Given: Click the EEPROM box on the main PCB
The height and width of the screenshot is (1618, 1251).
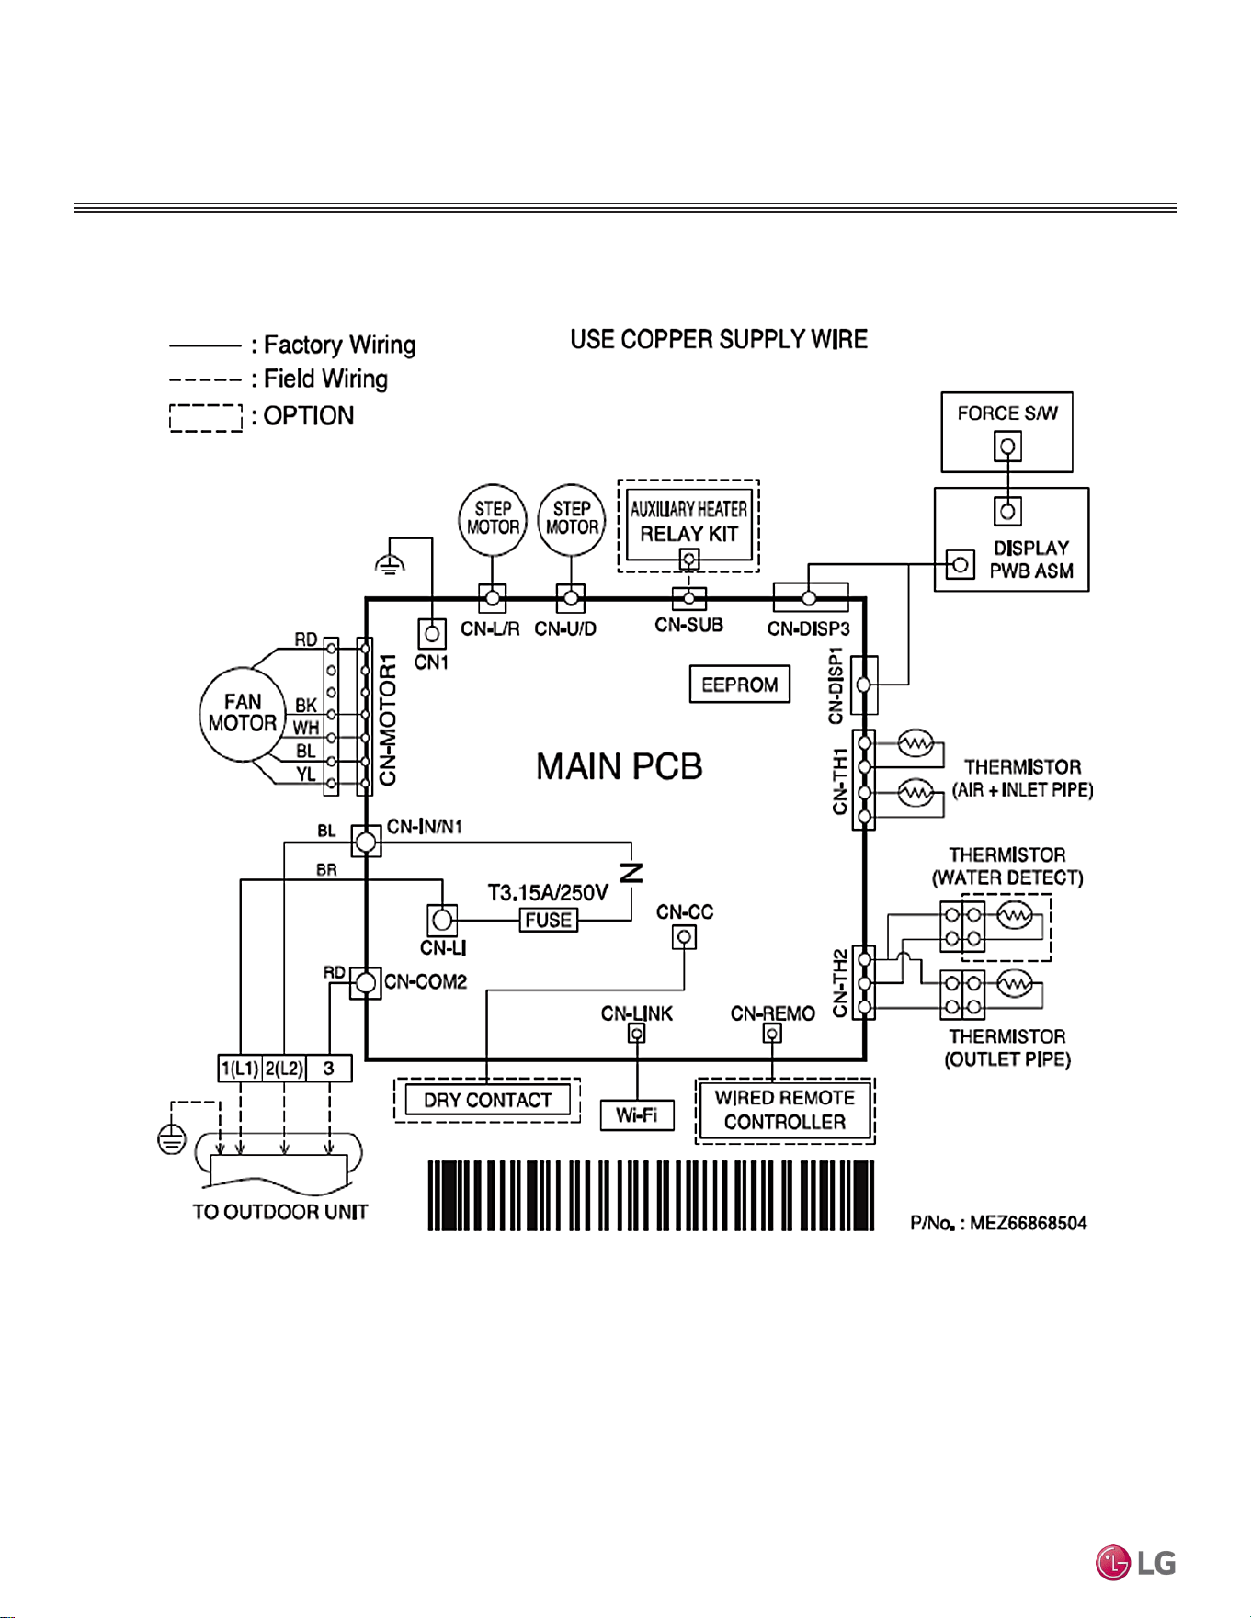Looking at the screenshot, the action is [x=739, y=685].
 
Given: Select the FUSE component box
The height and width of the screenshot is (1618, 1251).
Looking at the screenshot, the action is [x=549, y=920].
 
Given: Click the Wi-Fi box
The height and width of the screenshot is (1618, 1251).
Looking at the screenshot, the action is [x=637, y=1115].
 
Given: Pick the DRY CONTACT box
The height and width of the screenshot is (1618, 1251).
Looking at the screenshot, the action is [x=487, y=1100].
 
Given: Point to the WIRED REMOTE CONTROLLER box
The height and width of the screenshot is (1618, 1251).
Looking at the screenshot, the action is [x=785, y=1110].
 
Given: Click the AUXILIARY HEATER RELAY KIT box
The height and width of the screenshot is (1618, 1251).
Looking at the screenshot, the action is [x=688, y=524].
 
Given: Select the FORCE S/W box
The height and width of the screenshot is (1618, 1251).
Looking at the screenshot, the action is [x=1006, y=432].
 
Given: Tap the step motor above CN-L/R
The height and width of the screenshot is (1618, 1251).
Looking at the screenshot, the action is [x=493, y=520].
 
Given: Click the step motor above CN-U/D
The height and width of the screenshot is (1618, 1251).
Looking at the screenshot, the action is [x=572, y=520].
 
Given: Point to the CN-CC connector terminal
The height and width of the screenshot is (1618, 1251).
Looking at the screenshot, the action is [x=684, y=937].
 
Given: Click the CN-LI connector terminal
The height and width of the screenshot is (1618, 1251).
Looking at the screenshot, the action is [x=442, y=920].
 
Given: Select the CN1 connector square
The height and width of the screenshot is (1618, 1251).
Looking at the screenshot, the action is [x=432, y=633].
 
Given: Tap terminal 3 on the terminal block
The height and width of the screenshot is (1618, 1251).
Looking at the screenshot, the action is [x=329, y=1068].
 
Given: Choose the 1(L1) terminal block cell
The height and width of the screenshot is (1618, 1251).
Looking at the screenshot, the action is [x=240, y=1068].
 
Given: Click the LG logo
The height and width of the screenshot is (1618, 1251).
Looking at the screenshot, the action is [x=1135, y=1563].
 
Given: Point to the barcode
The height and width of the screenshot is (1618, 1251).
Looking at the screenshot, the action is [x=651, y=1195].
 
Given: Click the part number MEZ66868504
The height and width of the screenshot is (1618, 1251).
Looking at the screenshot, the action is [x=1029, y=1223].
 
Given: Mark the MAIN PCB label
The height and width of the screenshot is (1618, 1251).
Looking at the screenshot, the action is [x=620, y=766].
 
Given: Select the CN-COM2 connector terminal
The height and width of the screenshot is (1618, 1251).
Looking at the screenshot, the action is [x=366, y=983].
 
